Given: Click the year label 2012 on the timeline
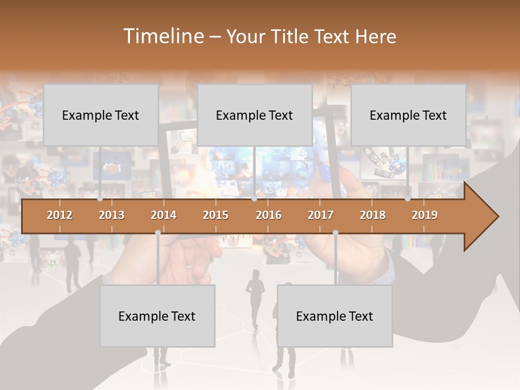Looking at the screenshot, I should click(60, 215).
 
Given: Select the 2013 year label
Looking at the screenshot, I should click(112, 215).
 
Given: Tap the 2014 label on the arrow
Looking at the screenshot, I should click(164, 215).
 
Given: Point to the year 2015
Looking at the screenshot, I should click(216, 215).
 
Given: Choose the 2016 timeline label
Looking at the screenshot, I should click(269, 215).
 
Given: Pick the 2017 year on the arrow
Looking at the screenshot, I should click(321, 215).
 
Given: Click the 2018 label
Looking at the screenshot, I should click(373, 215).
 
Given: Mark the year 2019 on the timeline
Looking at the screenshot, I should click(425, 215).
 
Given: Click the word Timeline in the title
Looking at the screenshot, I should click(163, 36).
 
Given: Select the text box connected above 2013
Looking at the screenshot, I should click(101, 115).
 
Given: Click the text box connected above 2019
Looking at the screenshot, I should click(408, 115).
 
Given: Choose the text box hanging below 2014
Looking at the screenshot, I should click(157, 316).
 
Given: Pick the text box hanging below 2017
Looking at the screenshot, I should click(335, 316).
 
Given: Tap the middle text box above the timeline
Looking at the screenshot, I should click(255, 115).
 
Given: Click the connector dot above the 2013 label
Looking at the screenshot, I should click(100, 199).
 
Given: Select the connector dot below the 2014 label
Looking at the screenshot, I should click(158, 232).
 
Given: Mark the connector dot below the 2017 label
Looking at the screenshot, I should click(335, 232).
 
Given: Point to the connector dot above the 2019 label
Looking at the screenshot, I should click(408, 199).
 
